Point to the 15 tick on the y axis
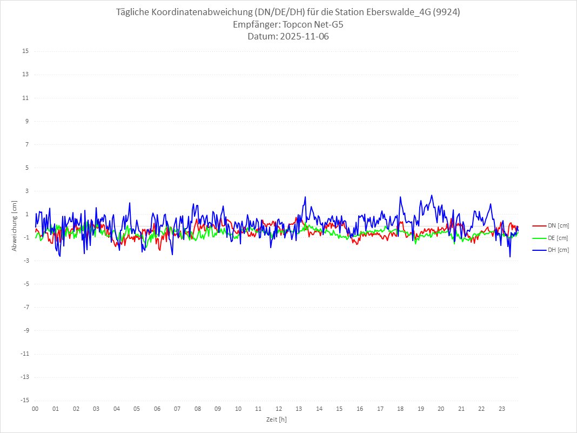[25, 51]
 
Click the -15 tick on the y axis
[24, 400]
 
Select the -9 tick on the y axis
[25, 330]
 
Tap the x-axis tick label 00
[35, 409]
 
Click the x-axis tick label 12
[279, 409]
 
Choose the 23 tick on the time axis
[502, 409]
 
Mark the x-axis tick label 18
[400, 409]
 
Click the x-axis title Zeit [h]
[276, 419]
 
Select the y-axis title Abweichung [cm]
[15, 226]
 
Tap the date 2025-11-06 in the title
[304, 37]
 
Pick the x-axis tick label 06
[157, 409]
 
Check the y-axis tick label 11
[25, 98]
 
